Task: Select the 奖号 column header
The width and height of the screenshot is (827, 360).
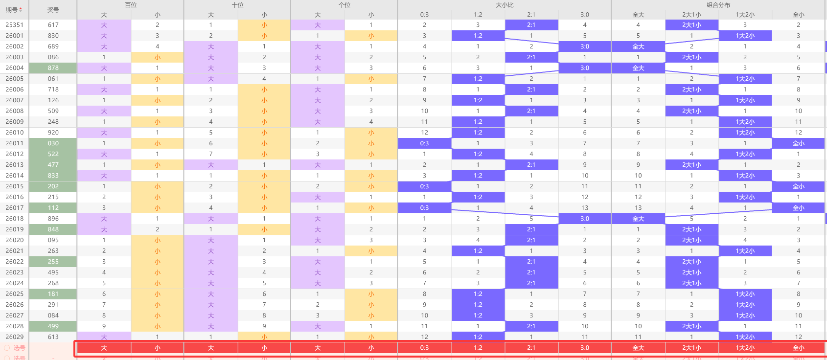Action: coord(53,10)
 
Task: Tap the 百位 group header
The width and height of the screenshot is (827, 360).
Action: coord(131,5)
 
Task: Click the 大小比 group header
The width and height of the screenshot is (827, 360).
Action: coord(505,5)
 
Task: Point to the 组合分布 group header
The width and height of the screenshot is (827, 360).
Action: coord(718,5)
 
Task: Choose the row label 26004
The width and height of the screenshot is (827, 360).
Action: coord(15,68)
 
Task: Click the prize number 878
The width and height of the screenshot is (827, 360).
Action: coord(53,68)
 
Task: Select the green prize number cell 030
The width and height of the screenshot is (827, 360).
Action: coord(53,143)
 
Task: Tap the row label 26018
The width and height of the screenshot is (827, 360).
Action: coord(15,219)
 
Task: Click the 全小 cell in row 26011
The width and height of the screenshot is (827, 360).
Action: coord(798,143)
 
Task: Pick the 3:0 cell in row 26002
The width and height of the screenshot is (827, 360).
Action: coord(585,46)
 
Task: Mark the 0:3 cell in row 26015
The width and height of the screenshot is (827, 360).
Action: coord(424,186)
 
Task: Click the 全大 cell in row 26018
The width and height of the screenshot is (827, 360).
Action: coord(638,219)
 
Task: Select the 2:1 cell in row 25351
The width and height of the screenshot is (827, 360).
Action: coord(531,25)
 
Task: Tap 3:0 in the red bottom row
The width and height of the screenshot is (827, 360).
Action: coord(585,348)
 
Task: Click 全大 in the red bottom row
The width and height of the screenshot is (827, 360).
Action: coord(638,348)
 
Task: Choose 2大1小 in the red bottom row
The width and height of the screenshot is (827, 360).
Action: coord(691,348)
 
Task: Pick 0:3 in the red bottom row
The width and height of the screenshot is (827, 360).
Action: coord(424,348)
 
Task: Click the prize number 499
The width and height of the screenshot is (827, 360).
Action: coord(53,326)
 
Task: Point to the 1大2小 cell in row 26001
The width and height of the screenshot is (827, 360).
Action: coord(745,36)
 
